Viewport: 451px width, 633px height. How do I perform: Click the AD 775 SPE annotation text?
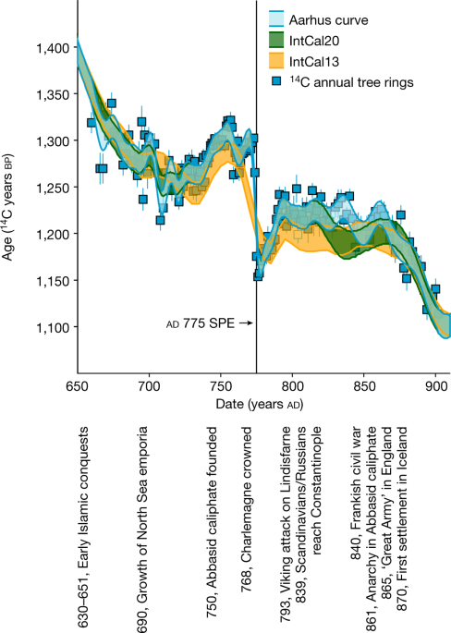coord(195,323)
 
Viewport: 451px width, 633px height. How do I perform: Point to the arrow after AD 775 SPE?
coord(243,323)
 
